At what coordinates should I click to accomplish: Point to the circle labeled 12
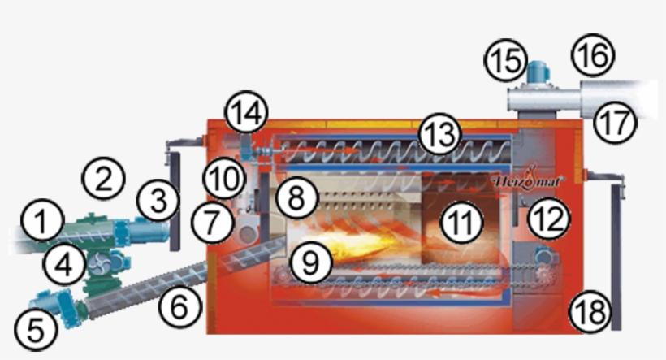pyautogui.click(x=549, y=219)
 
